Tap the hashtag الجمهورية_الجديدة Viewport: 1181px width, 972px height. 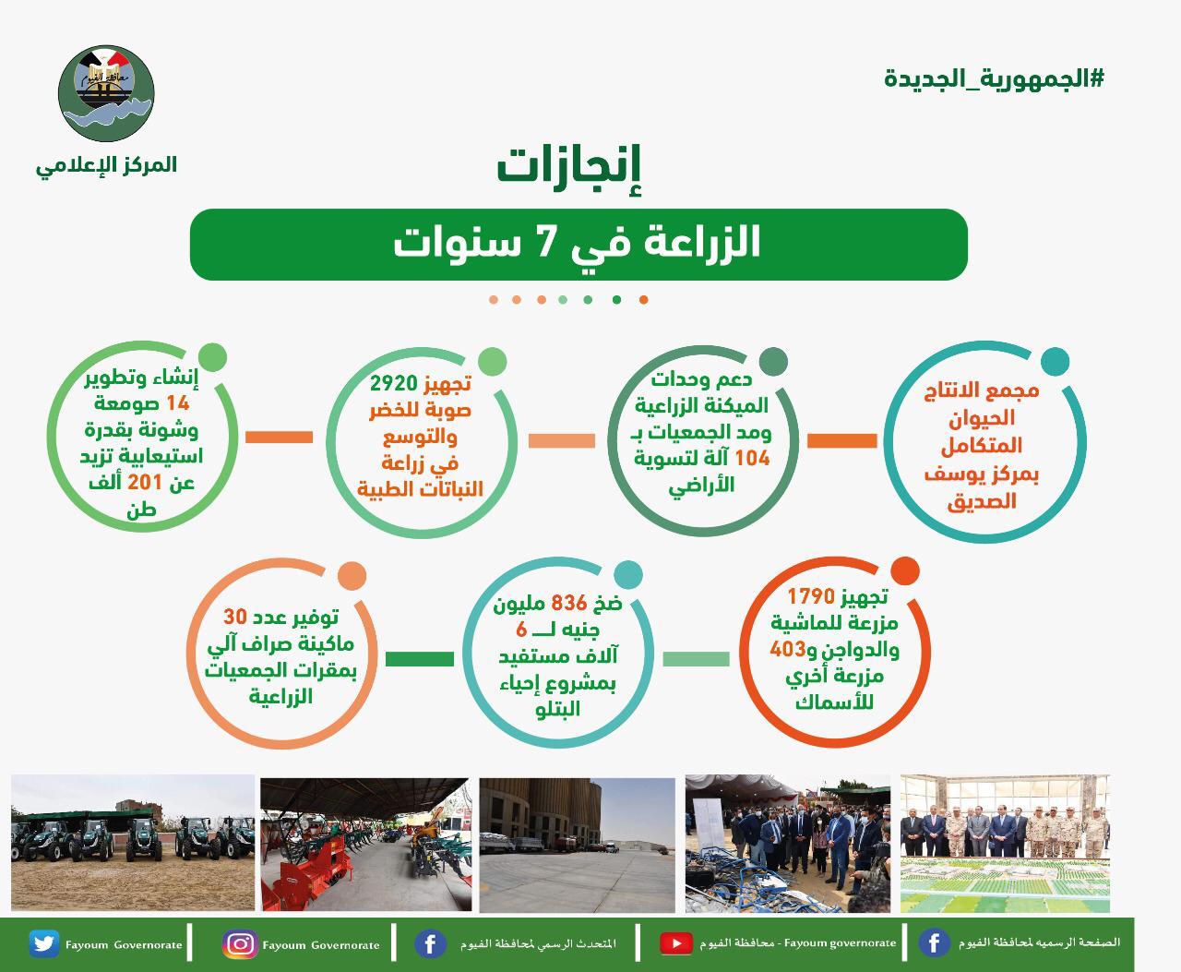(994, 78)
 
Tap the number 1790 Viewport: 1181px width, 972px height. (810, 596)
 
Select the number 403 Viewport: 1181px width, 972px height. (788, 649)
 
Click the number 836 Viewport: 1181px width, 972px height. (568, 604)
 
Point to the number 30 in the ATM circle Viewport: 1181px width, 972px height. (236, 617)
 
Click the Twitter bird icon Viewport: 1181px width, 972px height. (43, 943)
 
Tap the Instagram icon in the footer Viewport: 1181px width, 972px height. (240, 943)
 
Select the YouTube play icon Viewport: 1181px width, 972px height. (675, 943)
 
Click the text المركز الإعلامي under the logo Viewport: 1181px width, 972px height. (106, 164)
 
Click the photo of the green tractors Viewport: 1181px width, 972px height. (132, 843)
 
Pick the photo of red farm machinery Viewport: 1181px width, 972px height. (364, 843)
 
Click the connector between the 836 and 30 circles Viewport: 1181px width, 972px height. (419, 659)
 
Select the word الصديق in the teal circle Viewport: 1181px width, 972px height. (982, 501)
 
